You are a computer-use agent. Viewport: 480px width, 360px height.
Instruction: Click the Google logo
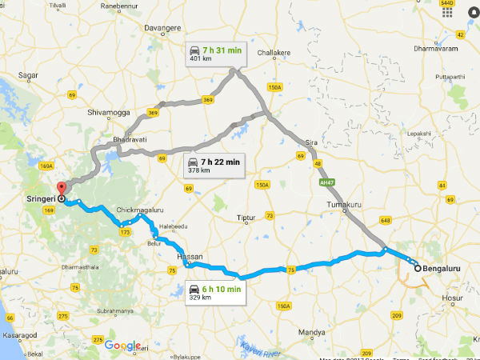click(x=122, y=346)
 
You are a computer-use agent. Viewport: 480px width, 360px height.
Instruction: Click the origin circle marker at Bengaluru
click(x=417, y=269)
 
